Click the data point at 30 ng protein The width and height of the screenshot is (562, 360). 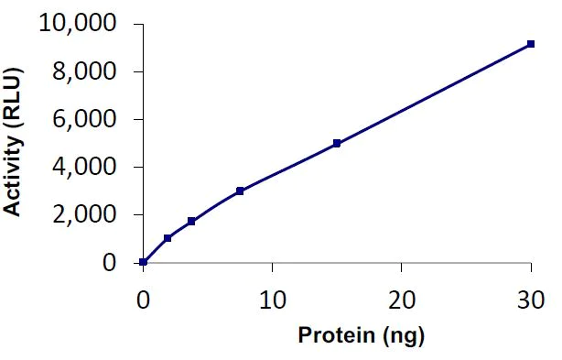(531, 44)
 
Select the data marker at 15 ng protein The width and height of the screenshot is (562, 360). (337, 143)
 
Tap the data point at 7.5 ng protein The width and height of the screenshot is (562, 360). (240, 191)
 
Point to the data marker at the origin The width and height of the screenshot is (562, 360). (144, 262)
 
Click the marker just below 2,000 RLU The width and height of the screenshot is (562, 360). (191, 221)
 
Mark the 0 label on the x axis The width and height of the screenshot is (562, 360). (143, 300)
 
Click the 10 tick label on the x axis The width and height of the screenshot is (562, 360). (272, 300)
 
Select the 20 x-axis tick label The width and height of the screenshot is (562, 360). (401, 300)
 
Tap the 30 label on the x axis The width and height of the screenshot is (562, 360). (531, 300)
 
